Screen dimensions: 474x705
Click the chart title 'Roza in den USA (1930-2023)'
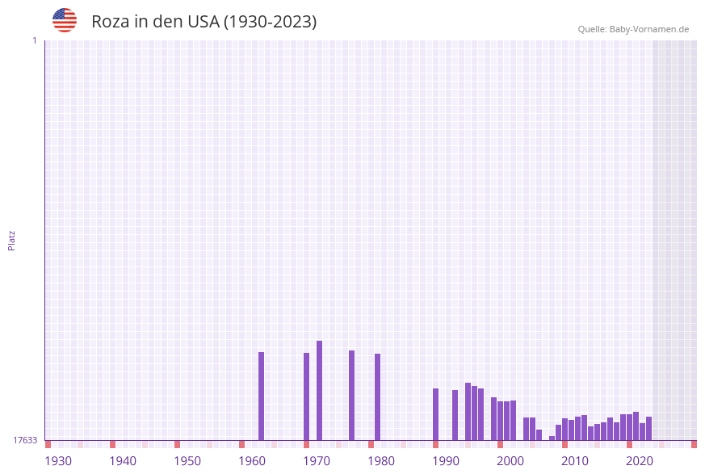204,22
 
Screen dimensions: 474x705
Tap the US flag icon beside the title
65,20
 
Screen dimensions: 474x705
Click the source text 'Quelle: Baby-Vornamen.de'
633,29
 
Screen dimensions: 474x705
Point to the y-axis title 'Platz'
12,240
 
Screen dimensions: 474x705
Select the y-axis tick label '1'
34,40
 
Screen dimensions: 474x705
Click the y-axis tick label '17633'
25,440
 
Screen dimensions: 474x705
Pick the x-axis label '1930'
58,461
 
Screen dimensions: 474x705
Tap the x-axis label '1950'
187,461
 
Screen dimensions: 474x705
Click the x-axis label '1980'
381,461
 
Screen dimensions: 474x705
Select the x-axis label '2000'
510,461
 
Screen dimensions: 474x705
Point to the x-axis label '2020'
640,461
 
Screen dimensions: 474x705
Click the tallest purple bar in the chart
320,390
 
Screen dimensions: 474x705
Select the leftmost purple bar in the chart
262,396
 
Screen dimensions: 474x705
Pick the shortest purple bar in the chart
552,438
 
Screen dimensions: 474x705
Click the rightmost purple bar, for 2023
649,428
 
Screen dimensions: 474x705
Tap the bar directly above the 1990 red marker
436,414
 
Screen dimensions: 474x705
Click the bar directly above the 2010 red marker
565,429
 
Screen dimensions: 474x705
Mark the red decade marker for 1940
113,444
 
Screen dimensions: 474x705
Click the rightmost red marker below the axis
694,444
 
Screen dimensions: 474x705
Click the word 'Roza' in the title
109,22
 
